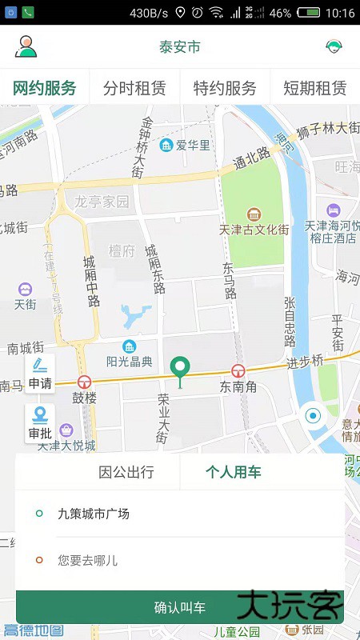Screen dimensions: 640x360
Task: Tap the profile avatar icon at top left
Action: [x=26, y=46]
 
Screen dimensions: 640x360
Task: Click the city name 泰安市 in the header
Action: [x=180, y=46]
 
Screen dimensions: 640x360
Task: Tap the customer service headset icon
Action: [x=334, y=46]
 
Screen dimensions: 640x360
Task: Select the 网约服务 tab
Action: [x=45, y=88]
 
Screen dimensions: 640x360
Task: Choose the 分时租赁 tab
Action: [x=135, y=88]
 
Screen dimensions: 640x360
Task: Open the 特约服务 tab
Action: [x=225, y=88]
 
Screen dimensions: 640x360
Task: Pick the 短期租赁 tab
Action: [x=315, y=88]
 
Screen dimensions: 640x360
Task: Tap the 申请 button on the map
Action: [x=40, y=374]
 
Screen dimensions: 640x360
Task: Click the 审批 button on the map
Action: [x=40, y=423]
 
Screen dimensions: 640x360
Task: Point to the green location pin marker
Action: [x=182, y=370]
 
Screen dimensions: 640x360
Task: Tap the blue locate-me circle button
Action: [x=313, y=416]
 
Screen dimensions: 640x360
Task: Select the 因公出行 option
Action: [x=126, y=472]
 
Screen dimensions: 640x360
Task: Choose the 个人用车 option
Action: [x=234, y=472]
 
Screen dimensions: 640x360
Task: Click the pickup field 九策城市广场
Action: [x=94, y=514]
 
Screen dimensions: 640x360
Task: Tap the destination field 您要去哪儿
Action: [x=88, y=560]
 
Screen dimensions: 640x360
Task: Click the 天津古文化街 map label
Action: [x=254, y=230]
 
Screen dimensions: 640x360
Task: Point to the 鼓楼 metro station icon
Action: [x=84, y=382]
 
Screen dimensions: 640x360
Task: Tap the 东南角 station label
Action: [x=238, y=386]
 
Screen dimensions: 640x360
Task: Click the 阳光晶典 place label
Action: [x=130, y=362]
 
